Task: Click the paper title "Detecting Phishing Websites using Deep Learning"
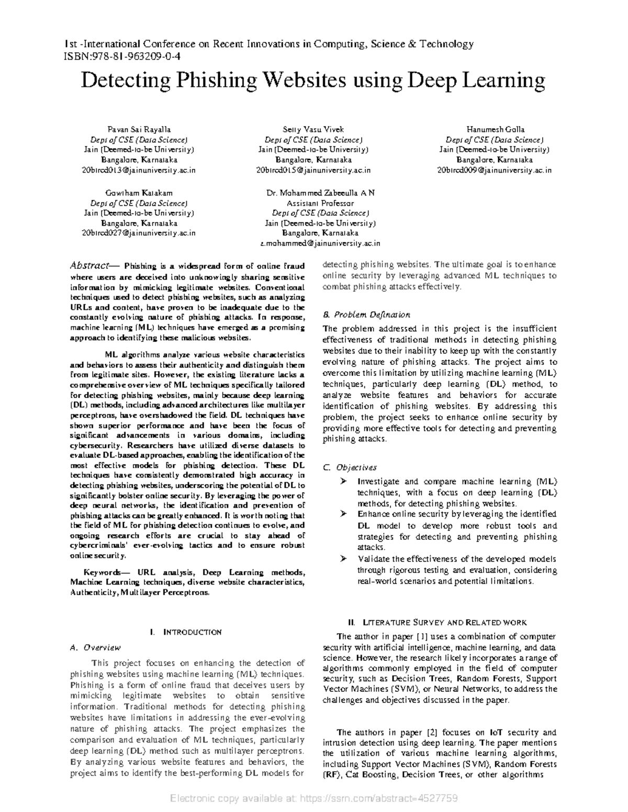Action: [x=313, y=81]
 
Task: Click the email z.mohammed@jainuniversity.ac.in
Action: [x=320, y=243]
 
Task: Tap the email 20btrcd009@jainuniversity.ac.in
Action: [x=494, y=170]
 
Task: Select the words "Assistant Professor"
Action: [x=320, y=203]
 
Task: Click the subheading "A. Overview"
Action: [x=95, y=647]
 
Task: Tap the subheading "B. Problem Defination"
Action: [x=366, y=315]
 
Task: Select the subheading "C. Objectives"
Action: [x=350, y=467]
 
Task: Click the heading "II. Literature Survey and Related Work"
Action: [x=438, y=622]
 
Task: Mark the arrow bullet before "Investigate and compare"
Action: [x=343, y=481]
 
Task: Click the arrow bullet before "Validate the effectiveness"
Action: [x=343, y=559]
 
